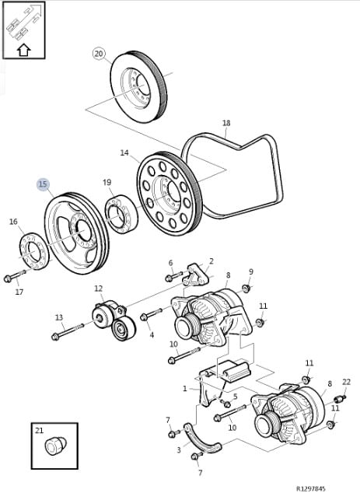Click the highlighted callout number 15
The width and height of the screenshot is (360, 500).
(x=43, y=184)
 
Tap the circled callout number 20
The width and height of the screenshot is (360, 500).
(x=100, y=54)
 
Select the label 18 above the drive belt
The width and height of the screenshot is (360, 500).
(x=226, y=123)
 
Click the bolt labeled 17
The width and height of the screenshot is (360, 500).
(x=15, y=276)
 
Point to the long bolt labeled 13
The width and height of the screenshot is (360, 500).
(x=68, y=331)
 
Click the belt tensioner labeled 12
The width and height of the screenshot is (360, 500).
(x=114, y=320)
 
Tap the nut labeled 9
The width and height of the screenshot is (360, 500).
(x=246, y=288)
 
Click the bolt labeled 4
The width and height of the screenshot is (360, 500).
(x=151, y=313)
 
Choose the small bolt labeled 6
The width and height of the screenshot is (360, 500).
(x=174, y=276)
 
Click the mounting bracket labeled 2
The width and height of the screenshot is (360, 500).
(x=196, y=274)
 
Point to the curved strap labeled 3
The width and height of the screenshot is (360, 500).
(x=202, y=439)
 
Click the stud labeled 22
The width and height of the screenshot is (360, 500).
(x=340, y=398)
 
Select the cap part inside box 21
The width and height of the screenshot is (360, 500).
(x=55, y=446)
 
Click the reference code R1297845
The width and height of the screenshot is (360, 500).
(x=311, y=488)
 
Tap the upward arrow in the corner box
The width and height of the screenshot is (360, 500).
(x=23, y=50)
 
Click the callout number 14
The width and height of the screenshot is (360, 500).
(x=124, y=152)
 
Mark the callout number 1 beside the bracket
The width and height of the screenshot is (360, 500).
(x=184, y=389)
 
